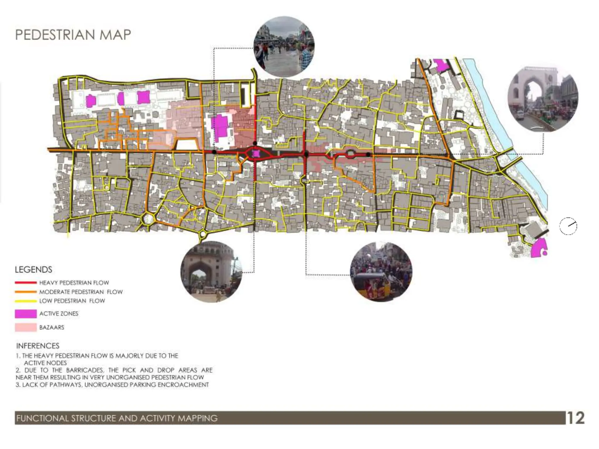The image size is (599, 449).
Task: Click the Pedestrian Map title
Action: [x=73, y=35]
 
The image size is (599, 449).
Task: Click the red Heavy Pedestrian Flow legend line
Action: [x=26, y=283]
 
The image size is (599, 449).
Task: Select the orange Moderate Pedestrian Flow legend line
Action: [x=26, y=292]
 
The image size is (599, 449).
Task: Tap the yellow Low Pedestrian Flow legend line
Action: [x=26, y=301]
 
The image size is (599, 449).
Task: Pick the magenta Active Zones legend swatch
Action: [x=26, y=314]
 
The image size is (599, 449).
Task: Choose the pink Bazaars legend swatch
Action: [x=26, y=327]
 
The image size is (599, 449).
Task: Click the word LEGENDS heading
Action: [x=33, y=270]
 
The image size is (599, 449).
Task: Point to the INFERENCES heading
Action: [x=38, y=346]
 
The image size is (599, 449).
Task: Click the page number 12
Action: [x=576, y=418]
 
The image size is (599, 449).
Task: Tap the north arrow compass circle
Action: [x=568, y=226]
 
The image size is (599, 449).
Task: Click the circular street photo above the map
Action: [x=284, y=47]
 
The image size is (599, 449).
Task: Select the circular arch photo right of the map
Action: [x=543, y=99]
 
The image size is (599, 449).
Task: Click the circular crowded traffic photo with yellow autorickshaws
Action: [x=381, y=272]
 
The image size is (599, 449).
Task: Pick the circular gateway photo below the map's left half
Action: [x=211, y=272]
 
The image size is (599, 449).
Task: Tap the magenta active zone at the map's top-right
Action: [x=441, y=65]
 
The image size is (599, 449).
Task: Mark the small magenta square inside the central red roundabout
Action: [x=256, y=153]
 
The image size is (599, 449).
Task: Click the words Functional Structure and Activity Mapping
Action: [x=117, y=418]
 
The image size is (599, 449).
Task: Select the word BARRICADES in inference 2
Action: [x=83, y=370]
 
